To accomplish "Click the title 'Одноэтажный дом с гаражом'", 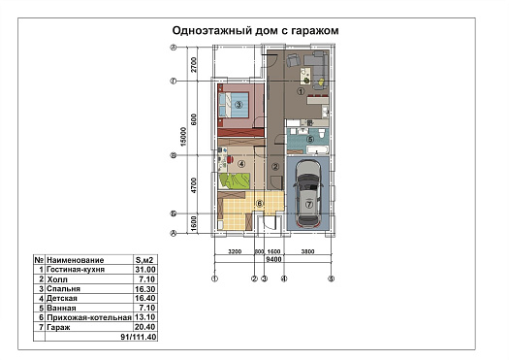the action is (x=255, y=30).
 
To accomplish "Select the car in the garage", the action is (x=308, y=194).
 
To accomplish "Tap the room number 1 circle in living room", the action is (x=301, y=91).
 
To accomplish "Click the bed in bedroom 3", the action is (x=234, y=105).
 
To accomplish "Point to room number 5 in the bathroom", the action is (x=310, y=140).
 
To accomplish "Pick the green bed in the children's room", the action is (x=234, y=180).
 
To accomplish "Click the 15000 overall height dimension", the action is (x=184, y=137).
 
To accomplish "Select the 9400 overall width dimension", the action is (x=273, y=259).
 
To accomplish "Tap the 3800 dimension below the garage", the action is (x=307, y=251).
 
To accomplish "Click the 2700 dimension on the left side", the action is (x=194, y=65).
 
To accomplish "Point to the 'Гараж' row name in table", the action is (x=58, y=327).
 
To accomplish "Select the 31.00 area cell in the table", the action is (x=145, y=270).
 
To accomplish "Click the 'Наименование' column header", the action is (x=76, y=260).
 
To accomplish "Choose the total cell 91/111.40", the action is (x=139, y=337).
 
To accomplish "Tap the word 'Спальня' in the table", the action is (x=63, y=289).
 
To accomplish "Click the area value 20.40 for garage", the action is (x=145, y=327).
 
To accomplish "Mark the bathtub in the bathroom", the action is (x=317, y=149).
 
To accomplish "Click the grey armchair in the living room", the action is (x=293, y=60).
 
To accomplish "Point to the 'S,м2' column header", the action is (x=144, y=260).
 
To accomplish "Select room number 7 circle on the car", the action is (x=308, y=205).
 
